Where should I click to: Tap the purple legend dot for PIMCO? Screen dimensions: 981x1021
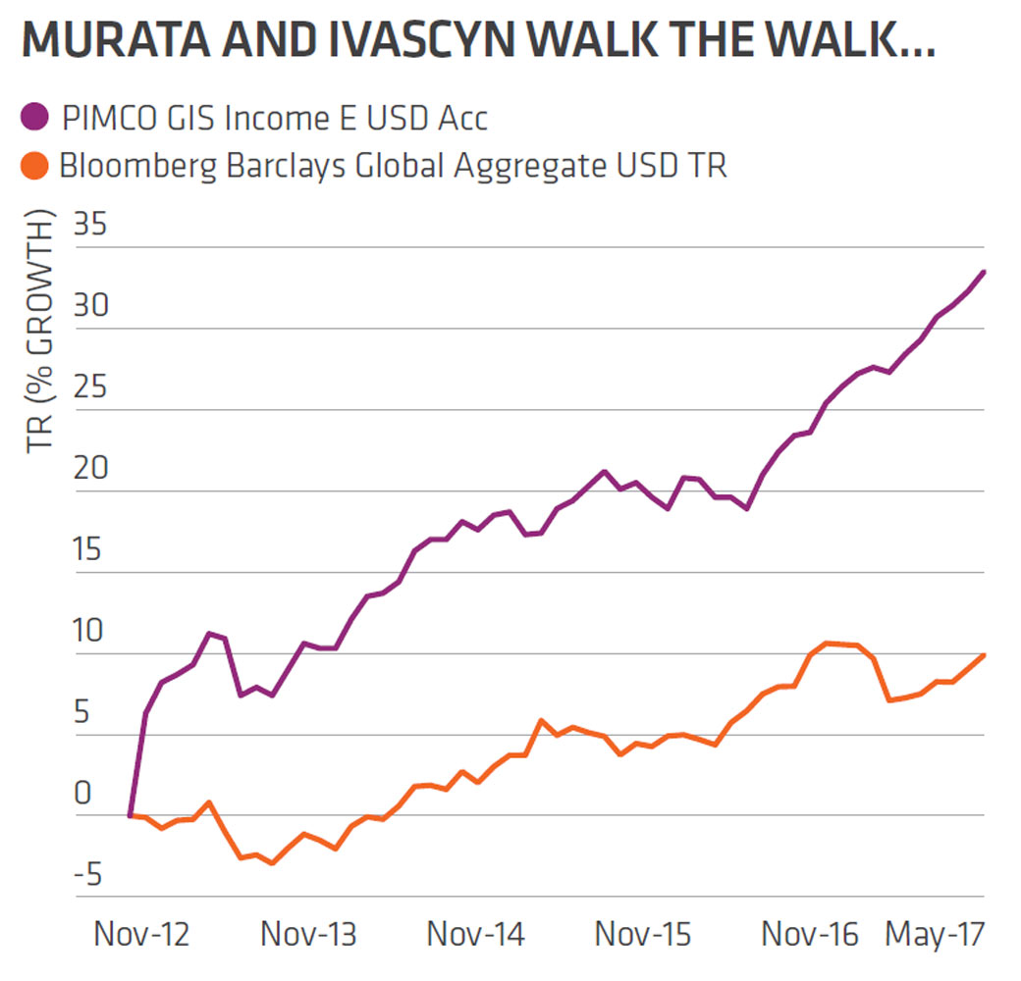35,119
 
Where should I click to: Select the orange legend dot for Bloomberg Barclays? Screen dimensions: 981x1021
35,165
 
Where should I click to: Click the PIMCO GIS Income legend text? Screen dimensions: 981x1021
274,119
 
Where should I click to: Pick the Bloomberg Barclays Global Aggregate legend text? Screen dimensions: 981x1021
393,165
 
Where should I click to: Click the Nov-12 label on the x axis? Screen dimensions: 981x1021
143,934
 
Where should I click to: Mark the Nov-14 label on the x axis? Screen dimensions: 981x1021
476,934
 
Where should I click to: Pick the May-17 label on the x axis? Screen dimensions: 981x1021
935,934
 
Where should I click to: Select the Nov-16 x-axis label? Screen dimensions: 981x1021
810,934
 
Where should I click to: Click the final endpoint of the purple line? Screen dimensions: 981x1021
984,272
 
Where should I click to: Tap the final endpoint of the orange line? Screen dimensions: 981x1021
984,654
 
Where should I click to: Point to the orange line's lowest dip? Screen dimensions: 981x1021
272,863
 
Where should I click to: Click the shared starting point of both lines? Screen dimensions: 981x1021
130,815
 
